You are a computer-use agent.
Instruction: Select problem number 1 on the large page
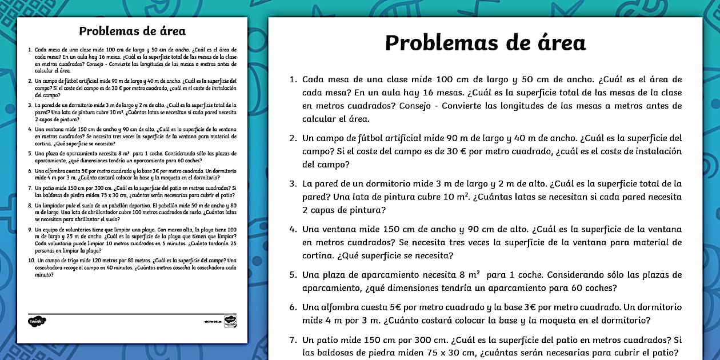point(293,79)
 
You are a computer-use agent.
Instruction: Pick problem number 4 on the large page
point(293,229)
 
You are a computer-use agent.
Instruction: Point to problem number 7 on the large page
point(293,339)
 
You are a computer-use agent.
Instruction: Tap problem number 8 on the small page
point(30,205)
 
